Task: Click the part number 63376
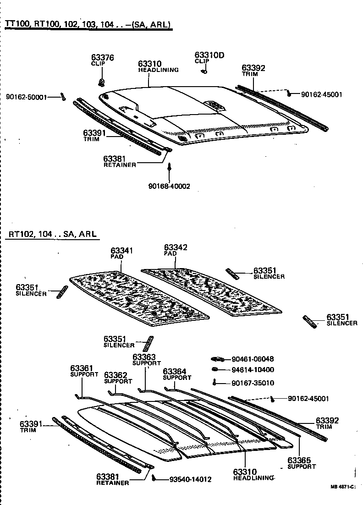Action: [102, 58]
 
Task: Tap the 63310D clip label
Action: [209, 55]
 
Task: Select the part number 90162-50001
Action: [27, 97]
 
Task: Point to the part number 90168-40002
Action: [169, 186]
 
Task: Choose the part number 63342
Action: [176, 247]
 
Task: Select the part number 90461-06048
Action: [253, 359]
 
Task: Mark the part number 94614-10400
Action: [253, 370]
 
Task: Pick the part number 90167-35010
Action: [253, 383]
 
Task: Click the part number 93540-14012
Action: [190, 479]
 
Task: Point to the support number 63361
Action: [82, 368]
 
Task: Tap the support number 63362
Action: [115, 375]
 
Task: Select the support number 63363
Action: [144, 357]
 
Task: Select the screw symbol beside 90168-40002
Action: [170, 168]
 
